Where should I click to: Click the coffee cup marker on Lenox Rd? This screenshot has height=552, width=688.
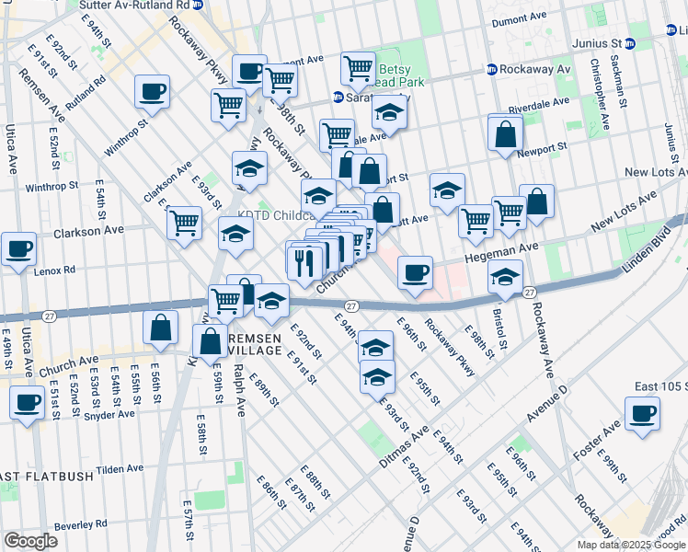point(18,248)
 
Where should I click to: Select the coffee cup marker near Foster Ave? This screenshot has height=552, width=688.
point(642,413)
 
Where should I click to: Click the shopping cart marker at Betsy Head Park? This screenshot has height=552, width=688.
point(358,68)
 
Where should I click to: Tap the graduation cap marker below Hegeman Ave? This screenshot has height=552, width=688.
point(504,276)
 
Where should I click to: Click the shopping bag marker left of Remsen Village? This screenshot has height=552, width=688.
point(161,328)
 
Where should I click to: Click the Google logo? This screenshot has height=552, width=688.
point(29,541)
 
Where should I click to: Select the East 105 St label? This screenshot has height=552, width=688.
point(655,386)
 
